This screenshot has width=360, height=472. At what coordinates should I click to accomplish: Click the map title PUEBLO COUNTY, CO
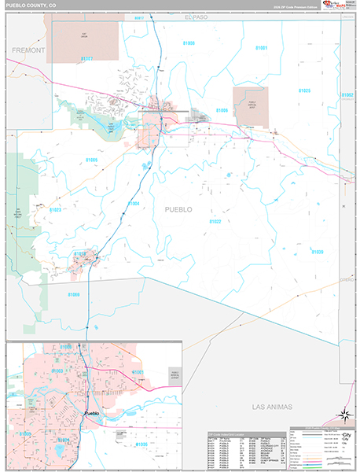pyautogui.click(x=31, y=6)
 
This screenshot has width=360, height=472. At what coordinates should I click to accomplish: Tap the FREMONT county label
pyautogui.click(x=28, y=50)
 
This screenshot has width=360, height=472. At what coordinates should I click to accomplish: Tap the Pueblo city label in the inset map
pyautogui.click(x=92, y=412)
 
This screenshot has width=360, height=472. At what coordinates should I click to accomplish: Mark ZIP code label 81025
pyautogui.click(x=304, y=91)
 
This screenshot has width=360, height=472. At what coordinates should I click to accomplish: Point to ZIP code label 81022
pyautogui.click(x=215, y=222)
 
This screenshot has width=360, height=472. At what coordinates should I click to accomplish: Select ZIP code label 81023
pyautogui.click(x=55, y=210)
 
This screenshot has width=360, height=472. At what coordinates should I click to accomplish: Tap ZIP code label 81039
pyautogui.click(x=316, y=252)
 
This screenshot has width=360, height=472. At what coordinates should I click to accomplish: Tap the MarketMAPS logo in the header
pyautogui.click(x=340, y=6)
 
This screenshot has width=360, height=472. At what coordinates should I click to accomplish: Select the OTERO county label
pyautogui.click(x=346, y=279)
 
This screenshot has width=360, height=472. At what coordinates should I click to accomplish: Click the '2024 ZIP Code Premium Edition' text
pyautogui.click(x=298, y=7)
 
